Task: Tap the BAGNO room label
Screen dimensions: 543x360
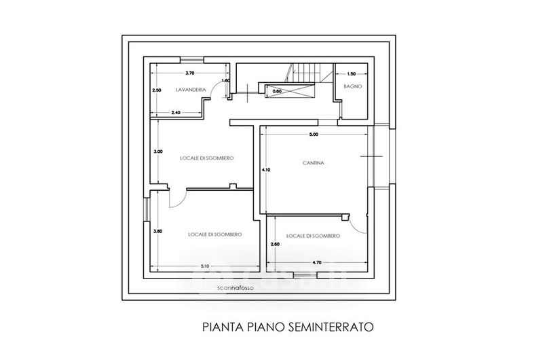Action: pyautogui.click(x=352, y=86)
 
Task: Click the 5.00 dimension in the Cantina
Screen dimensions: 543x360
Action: pyautogui.click(x=313, y=135)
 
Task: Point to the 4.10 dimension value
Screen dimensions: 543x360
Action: pyautogui.click(x=266, y=170)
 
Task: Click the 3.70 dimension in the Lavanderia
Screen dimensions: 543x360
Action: pyautogui.click(x=190, y=73)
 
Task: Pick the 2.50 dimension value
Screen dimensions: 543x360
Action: pyautogui.click(x=156, y=90)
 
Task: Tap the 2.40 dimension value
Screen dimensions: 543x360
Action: pyautogui.click(x=175, y=112)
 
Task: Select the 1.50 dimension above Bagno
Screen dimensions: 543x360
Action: pyautogui.click(x=351, y=73)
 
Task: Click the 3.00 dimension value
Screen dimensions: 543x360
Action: pyautogui.click(x=157, y=151)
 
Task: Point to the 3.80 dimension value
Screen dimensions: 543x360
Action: pyautogui.click(x=157, y=231)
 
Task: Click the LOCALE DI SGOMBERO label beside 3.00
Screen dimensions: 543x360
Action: pyautogui.click(x=207, y=158)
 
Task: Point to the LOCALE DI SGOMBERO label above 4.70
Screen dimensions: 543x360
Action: pyautogui.click(x=313, y=236)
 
